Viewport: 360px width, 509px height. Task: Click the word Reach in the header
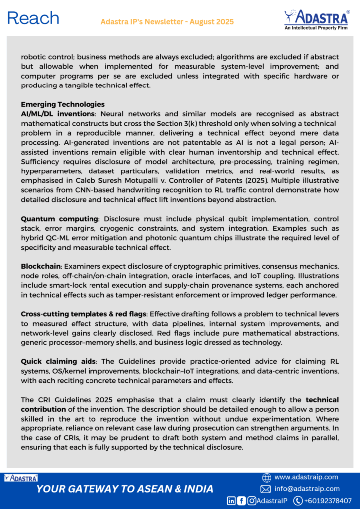33,18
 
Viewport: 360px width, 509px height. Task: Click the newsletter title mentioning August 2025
167,22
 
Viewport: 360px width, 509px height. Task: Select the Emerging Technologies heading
63,104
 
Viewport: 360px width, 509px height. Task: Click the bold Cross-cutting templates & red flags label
84,314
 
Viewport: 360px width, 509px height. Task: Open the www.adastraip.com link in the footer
306,477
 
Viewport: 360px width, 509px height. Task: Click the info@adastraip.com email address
307,489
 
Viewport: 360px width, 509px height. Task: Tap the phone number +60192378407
328,501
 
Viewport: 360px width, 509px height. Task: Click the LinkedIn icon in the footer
231,501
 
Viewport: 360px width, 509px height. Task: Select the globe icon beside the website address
267,477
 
